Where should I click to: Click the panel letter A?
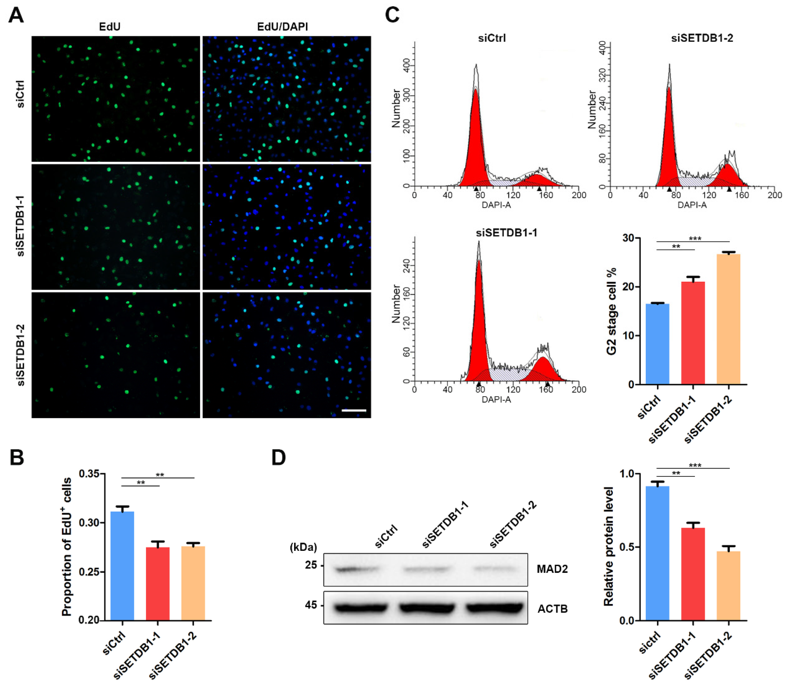pos(16,16)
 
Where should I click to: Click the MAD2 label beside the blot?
pos(552,569)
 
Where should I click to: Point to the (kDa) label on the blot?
pos(303,547)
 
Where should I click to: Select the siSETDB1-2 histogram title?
pos(702,38)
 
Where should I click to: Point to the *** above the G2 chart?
pos(695,239)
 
